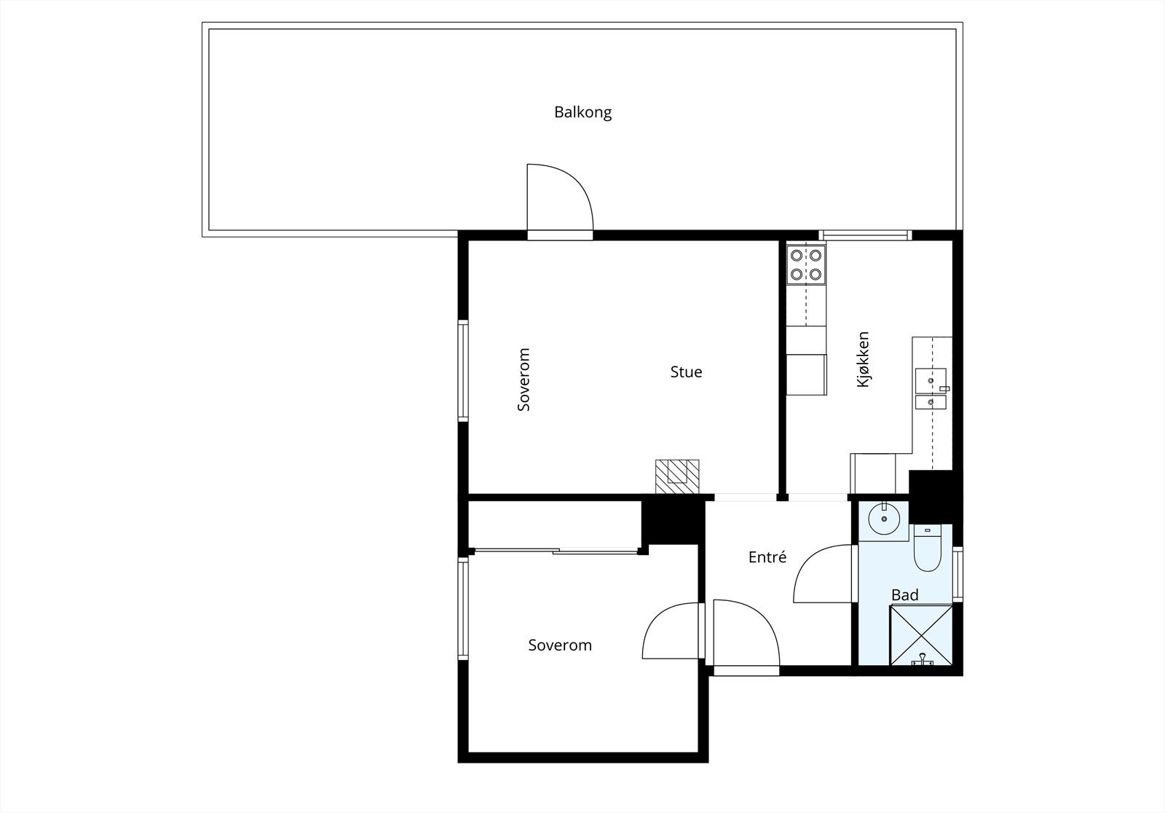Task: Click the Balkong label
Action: pyautogui.click(x=582, y=113)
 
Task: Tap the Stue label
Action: pyautogui.click(x=686, y=372)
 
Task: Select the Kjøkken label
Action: pyautogui.click(x=864, y=359)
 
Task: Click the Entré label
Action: pyautogui.click(x=767, y=557)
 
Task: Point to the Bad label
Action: pyautogui.click(x=905, y=595)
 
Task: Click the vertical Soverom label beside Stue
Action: pyautogui.click(x=524, y=380)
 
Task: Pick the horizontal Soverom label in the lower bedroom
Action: pyautogui.click(x=560, y=645)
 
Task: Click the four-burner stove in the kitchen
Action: pyautogui.click(x=806, y=264)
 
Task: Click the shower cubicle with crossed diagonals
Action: pyautogui.click(x=921, y=635)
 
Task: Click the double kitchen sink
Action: pyautogui.click(x=931, y=390)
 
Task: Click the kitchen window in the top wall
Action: pyautogui.click(x=864, y=235)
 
